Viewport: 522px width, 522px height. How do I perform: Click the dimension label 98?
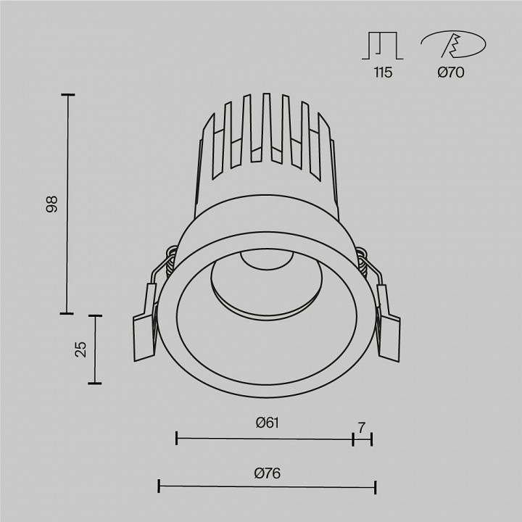(51, 204)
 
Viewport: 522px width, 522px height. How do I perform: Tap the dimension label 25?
(80, 349)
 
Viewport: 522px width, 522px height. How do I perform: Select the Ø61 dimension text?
(268, 423)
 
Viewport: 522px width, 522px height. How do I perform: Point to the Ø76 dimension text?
(268, 473)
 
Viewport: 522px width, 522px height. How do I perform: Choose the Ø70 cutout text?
(452, 72)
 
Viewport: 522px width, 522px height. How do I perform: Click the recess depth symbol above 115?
(381, 44)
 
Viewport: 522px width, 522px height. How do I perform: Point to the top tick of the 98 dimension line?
(67, 95)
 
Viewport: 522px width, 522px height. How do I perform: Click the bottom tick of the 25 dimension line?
(94, 383)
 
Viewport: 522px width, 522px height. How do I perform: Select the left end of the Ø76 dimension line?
(159, 487)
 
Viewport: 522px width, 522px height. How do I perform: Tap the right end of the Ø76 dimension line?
(375, 487)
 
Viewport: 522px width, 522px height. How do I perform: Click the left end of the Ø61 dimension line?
(177, 438)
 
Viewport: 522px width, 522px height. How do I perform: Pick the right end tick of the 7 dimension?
(371, 438)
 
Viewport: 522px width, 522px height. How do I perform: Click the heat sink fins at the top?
(267, 134)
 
